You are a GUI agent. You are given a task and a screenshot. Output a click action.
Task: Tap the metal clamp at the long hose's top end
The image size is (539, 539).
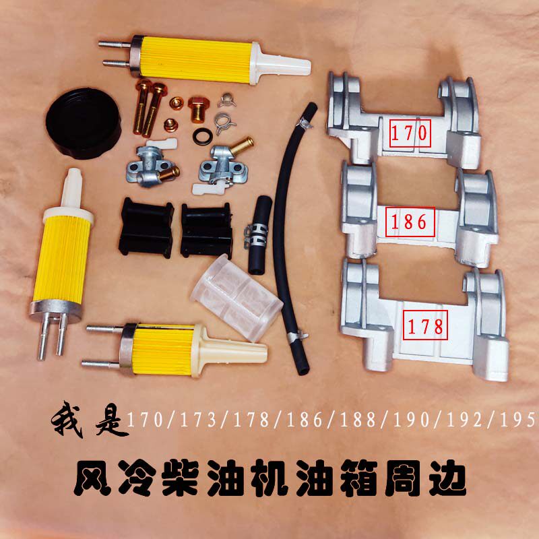pos(305,124)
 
